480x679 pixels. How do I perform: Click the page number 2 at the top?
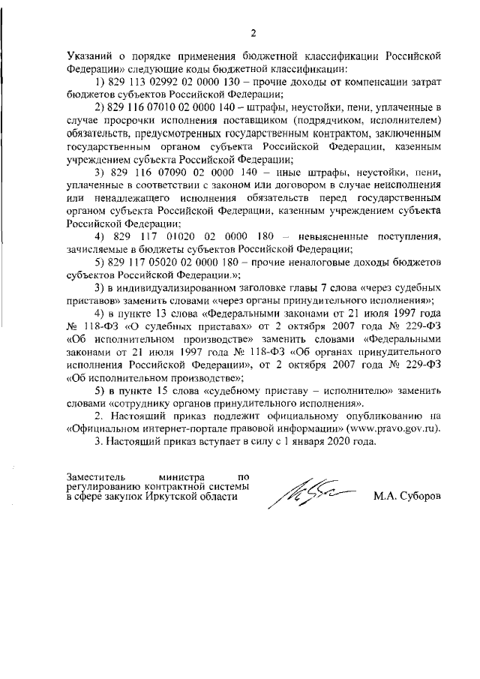[x=253, y=33]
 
